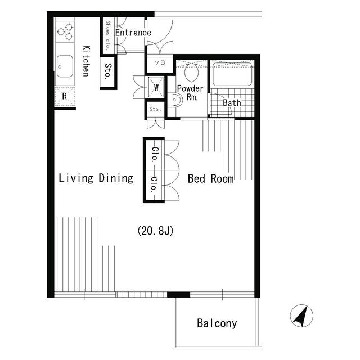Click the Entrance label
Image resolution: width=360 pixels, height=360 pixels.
[x=133, y=33]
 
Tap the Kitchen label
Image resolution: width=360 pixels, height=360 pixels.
[x=86, y=60]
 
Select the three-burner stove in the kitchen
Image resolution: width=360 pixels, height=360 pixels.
[x=65, y=31]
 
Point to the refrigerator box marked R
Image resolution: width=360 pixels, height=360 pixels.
[x=65, y=96]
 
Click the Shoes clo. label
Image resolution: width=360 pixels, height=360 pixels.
[x=107, y=35]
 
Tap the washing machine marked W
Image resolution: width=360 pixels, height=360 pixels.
[x=156, y=87]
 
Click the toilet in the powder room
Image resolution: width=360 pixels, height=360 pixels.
[x=191, y=71]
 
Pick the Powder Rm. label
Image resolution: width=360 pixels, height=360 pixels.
[x=190, y=93]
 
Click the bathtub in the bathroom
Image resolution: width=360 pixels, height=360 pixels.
[x=232, y=74]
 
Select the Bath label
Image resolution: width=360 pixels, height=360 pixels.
[x=232, y=103]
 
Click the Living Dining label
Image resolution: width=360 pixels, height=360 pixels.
[x=96, y=178]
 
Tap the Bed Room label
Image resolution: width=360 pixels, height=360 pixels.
[x=210, y=179]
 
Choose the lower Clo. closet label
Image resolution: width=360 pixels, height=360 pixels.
[x=154, y=185]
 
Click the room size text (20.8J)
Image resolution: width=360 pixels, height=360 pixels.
[x=155, y=231]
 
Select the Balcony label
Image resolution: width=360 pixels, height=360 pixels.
[x=217, y=323]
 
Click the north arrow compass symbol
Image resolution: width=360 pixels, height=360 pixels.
[x=301, y=317]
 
